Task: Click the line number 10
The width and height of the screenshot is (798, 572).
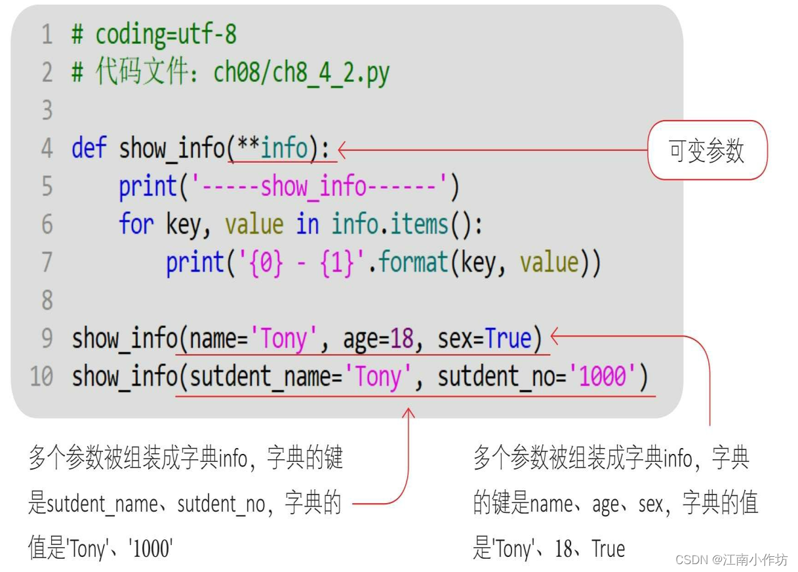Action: click(41, 377)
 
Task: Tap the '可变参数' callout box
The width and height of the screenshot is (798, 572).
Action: click(707, 150)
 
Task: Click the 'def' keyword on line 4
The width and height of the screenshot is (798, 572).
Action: click(89, 148)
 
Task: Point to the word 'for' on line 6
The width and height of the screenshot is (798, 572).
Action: click(135, 224)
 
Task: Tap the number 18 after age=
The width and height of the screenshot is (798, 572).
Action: click(401, 338)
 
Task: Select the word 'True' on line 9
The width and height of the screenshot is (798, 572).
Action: click(508, 338)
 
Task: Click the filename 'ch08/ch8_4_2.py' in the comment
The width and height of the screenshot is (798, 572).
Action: click(302, 72)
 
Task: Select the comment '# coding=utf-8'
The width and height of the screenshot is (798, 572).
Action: click(154, 34)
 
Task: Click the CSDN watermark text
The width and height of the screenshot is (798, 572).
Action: click(731, 560)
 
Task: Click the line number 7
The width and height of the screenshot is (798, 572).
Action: click(47, 262)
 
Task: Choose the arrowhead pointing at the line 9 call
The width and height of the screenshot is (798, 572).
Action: click(554, 337)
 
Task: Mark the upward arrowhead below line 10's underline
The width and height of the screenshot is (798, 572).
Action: click(409, 413)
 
